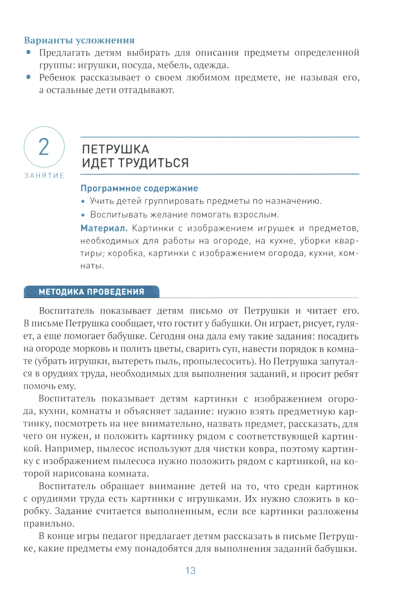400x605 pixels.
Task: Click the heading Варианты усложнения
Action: tap(79, 40)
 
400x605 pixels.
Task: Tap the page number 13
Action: tap(190, 571)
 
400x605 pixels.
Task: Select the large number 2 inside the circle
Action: tap(44, 147)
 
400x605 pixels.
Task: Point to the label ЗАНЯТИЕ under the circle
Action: tap(44, 176)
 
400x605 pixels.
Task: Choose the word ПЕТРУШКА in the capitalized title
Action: tap(116, 149)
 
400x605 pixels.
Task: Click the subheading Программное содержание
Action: tap(139, 188)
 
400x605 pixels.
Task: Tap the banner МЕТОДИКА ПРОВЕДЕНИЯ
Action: tap(92, 292)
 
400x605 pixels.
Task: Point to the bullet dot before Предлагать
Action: tap(28, 52)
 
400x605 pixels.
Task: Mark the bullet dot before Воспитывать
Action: tap(83, 215)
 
